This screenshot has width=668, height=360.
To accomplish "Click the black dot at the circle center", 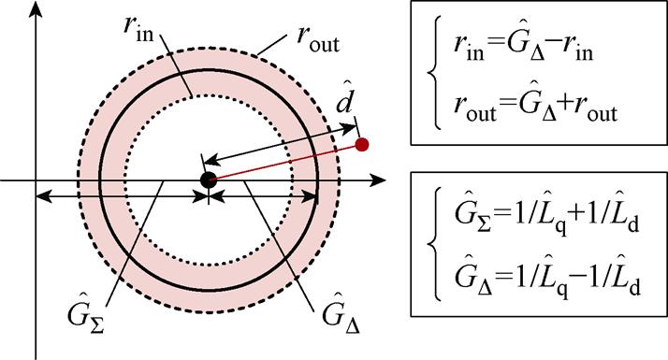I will [x=208, y=179].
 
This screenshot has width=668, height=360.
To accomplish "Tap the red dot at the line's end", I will [x=363, y=144].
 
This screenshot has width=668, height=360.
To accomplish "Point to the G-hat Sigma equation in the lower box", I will [x=552, y=225].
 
